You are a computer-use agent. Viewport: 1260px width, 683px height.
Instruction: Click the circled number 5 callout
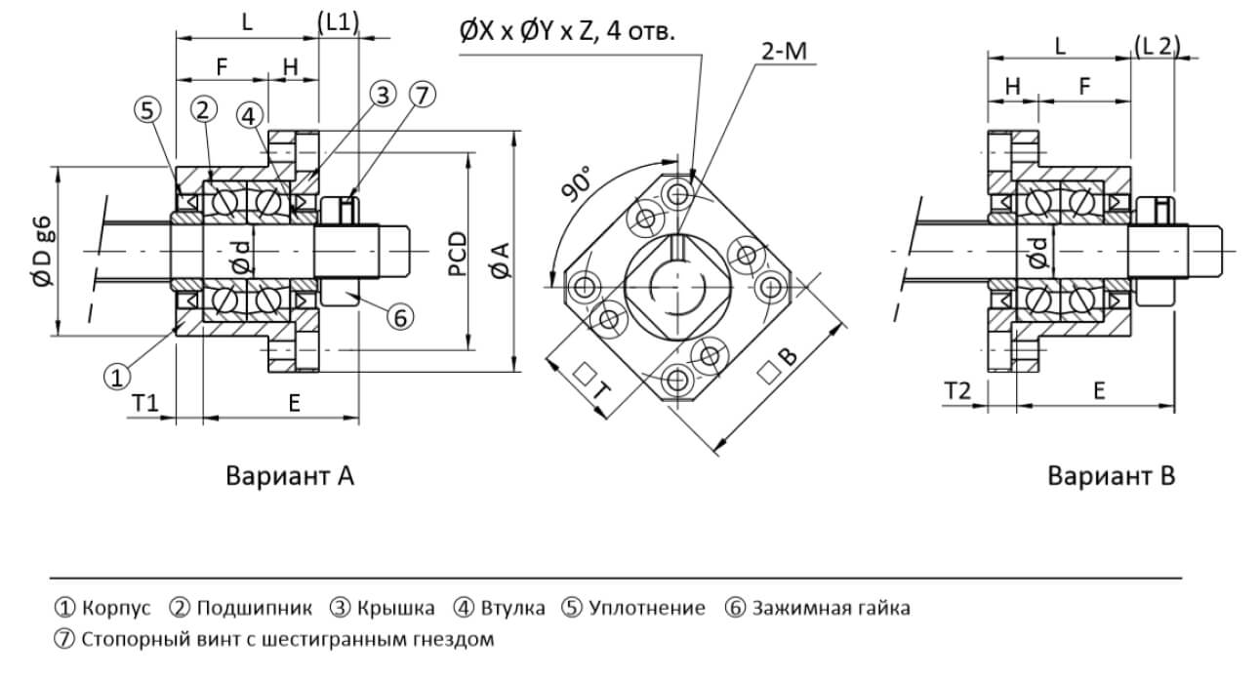(147, 110)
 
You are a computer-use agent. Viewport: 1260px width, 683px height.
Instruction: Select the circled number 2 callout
(204, 109)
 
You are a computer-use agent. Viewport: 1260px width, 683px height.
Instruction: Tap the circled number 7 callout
(422, 95)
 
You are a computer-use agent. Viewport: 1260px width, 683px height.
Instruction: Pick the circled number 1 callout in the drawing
(117, 374)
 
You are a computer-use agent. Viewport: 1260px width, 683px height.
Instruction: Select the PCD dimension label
(457, 253)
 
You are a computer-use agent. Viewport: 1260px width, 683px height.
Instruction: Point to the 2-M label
(782, 52)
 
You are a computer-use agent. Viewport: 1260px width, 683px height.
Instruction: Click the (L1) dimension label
(339, 22)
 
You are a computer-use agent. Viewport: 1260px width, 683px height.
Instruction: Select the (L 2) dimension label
(1158, 44)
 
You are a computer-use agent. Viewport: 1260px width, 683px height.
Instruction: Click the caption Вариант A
(290, 476)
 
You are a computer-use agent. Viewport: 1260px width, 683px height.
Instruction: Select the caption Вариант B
(1111, 476)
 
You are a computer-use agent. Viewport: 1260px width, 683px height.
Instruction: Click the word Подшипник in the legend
(255, 608)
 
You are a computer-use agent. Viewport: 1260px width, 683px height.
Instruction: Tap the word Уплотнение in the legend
(646, 608)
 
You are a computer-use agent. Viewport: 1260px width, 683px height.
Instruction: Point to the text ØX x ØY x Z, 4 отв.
(567, 31)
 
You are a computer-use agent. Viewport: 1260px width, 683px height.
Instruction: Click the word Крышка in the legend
(395, 608)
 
